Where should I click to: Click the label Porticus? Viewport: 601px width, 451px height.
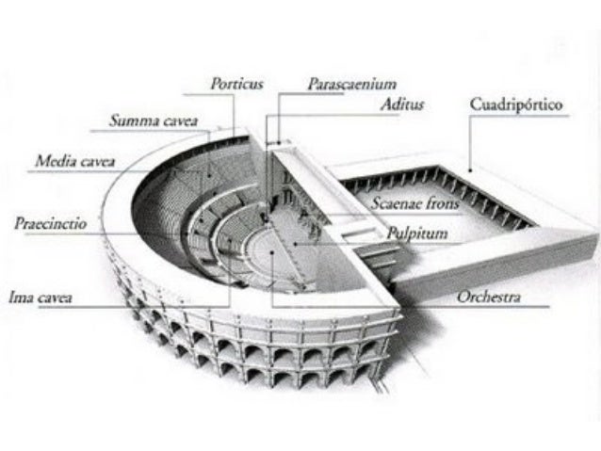(236, 84)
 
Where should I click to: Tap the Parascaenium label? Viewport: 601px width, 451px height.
(351, 84)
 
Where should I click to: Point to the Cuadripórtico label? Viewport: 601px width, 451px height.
(516, 105)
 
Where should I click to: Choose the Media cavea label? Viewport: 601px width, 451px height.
(75, 162)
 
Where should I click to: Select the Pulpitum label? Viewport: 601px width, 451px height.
(416, 232)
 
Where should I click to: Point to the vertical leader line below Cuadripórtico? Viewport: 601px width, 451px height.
(469, 141)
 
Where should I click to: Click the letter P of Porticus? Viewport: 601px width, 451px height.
(216, 84)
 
